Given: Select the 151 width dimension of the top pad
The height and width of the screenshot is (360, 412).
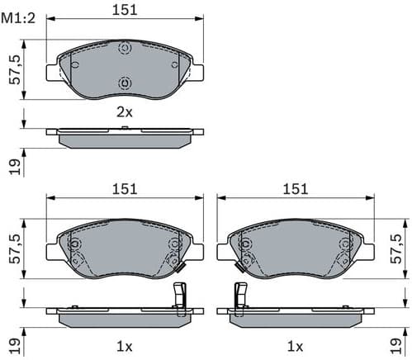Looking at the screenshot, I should pos(125,9).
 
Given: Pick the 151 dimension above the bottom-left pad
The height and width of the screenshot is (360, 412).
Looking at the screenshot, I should pos(125,189).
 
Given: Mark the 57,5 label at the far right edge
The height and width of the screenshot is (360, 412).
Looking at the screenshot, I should pos(400,249).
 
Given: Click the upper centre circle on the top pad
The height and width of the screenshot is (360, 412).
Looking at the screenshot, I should pos(125,49).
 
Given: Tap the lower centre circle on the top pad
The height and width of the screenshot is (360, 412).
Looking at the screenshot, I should pos(125,82).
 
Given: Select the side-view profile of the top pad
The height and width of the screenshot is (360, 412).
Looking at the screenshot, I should pos(125,136).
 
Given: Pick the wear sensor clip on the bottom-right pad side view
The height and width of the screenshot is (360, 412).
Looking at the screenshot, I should pos(241,297).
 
